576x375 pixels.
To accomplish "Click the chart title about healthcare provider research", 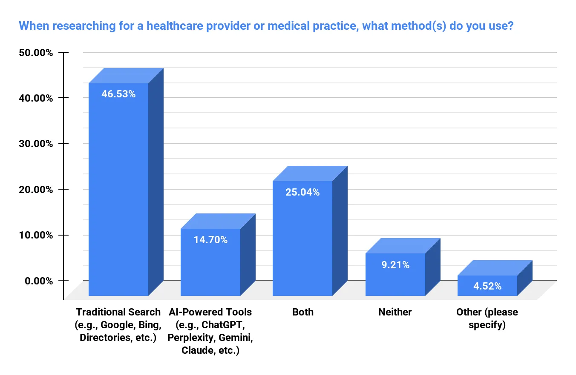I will click(x=266, y=26).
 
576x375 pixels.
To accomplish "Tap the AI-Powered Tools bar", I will click(x=210, y=264).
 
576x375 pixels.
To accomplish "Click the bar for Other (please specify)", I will click(x=487, y=287).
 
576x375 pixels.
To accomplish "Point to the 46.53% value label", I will click(x=118, y=94).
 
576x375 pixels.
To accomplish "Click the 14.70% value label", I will click(x=210, y=240).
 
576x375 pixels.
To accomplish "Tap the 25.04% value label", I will click(x=302, y=192).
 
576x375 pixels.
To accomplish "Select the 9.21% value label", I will click(x=395, y=265).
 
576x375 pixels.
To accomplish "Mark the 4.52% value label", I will click(x=487, y=286).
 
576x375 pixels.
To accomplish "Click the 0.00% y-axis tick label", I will click(x=38, y=281).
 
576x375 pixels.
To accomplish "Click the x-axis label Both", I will click(x=302, y=312).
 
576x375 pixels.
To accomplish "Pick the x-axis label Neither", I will click(x=395, y=312).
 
